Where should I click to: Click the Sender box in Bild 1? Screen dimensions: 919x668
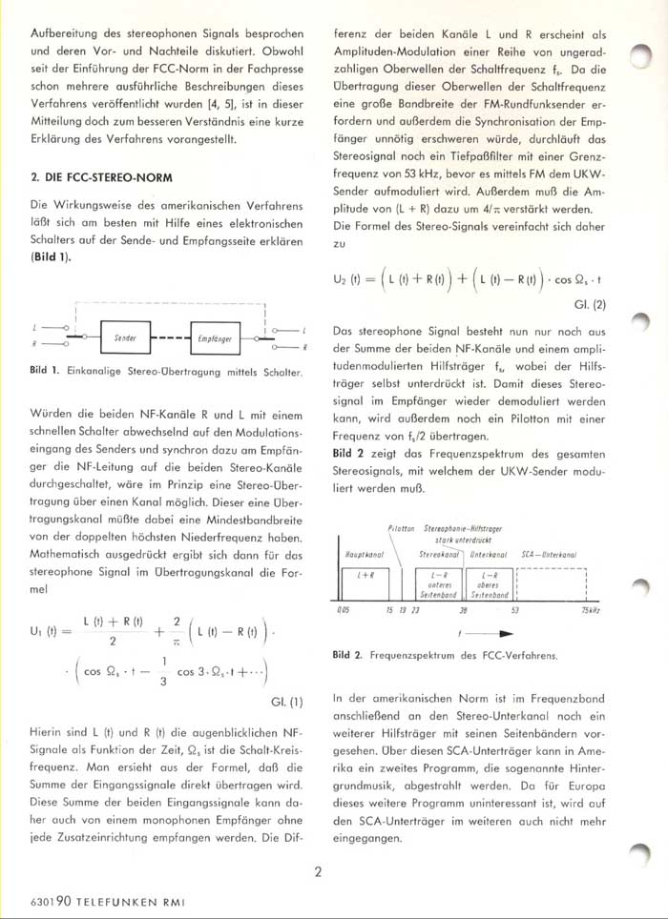click(125, 337)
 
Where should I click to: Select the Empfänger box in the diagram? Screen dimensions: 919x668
click(218, 337)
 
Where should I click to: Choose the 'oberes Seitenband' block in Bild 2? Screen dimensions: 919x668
click(490, 584)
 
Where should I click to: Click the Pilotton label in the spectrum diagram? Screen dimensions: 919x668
click(401, 527)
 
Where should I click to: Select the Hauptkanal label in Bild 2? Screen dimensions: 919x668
click(363, 552)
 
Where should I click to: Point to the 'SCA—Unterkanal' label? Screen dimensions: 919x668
click(549, 552)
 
